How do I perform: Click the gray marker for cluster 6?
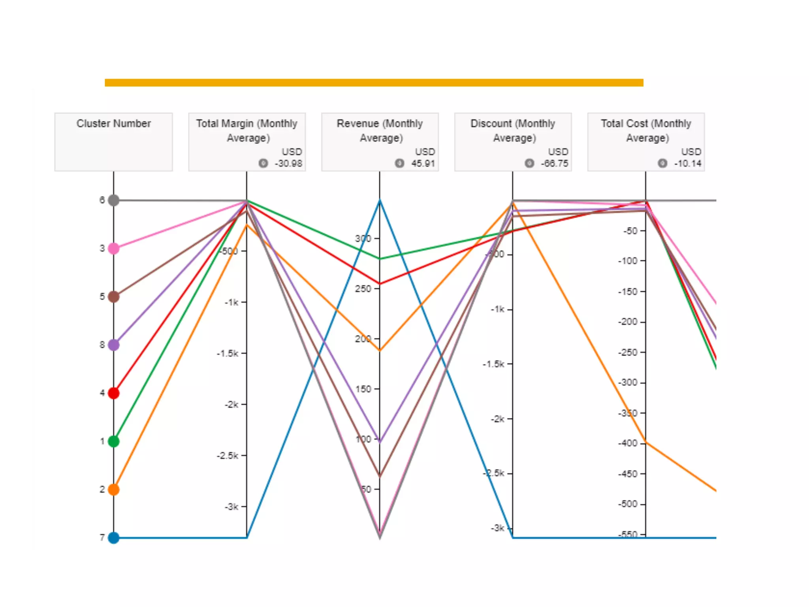click(x=114, y=200)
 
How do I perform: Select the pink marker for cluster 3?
click(x=114, y=249)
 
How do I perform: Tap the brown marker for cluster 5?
click(x=114, y=297)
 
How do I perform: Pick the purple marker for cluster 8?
click(x=114, y=345)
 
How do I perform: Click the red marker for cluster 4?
click(x=114, y=393)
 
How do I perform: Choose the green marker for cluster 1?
click(x=114, y=441)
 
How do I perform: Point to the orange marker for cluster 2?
click(x=114, y=490)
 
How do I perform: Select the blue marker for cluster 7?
click(x=114, y=538)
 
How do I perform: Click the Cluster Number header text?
click(x=114, y=124)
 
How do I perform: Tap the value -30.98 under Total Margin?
click(x=288, y=164)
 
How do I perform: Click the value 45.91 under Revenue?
click(x=423, y=164)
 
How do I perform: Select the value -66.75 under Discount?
click(x=555, y=164)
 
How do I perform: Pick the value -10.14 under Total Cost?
click(x=688, y=164)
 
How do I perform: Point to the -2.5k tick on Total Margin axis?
click(x=228, y=456)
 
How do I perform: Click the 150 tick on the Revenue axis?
click(x=363, y=389)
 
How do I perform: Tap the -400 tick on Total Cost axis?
click(x=628, y=443)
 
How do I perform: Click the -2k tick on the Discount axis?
click(x=498, y=419)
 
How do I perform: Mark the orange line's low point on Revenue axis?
click(x=380, y=351)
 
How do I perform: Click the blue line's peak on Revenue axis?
click(x=380, y=201)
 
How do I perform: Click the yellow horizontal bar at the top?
click(x=374, y=83)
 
